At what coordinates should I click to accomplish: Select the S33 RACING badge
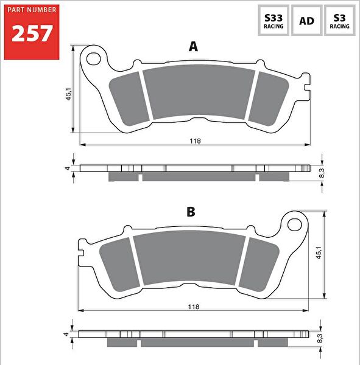click(x=272, y=21)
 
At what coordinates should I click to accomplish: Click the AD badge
click(x=306, y=21)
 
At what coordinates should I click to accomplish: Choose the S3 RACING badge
click(x=339, y=21)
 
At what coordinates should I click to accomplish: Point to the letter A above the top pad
click(x=194, y=47)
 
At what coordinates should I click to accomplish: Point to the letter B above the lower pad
click(x=191, y=212)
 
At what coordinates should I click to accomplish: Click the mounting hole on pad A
click(x=94, y=58)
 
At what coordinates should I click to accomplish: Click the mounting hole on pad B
click(x=295, y=223)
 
